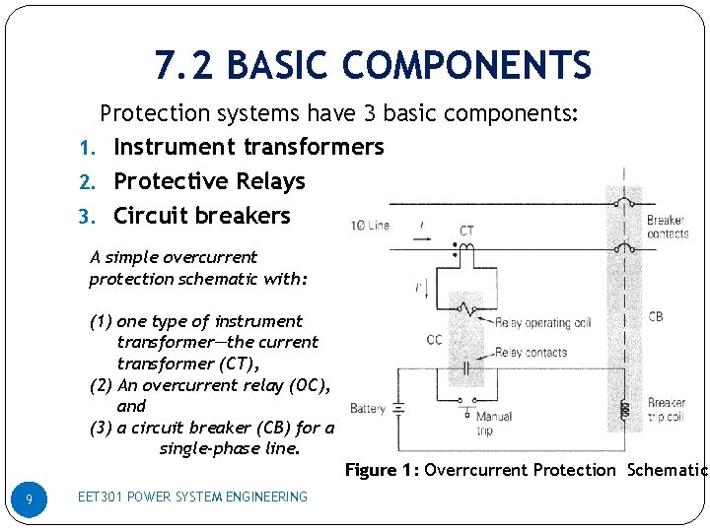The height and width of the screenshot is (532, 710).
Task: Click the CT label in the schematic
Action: (x=466, y=231)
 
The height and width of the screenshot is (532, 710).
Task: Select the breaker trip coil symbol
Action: (x=623, y=410)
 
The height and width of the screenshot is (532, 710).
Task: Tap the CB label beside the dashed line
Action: (x=656, y=317)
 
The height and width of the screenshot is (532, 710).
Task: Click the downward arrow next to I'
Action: (x=418, y=289)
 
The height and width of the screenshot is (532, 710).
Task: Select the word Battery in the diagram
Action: (x=367, y=408)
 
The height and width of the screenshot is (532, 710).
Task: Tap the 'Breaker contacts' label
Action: (x=667, y=227)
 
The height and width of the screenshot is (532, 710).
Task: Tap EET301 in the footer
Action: (x=101, y=497)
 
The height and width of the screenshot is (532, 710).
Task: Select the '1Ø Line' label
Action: (x=370, y=225)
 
